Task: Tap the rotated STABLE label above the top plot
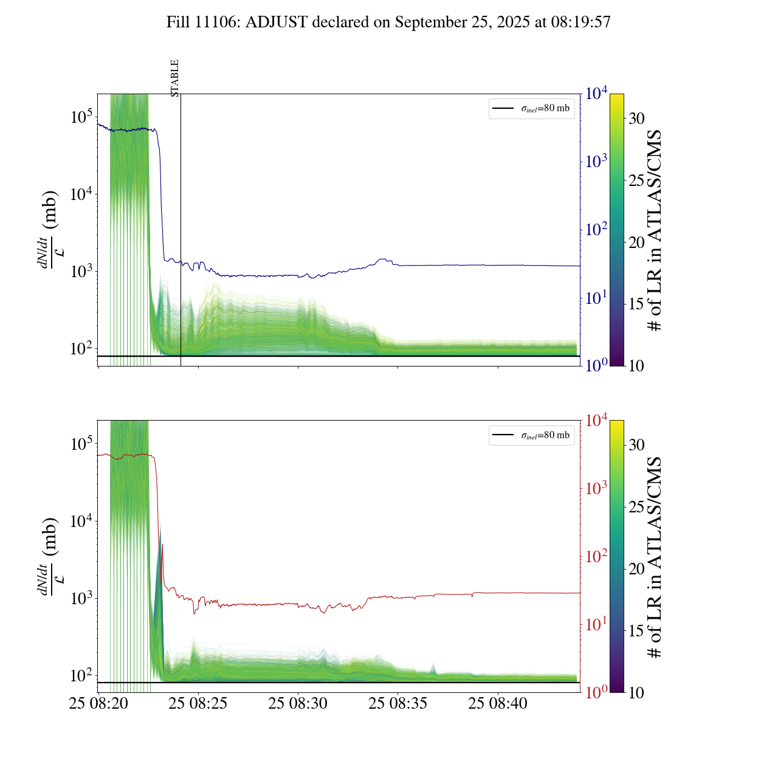coord(175,78)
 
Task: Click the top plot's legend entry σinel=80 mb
coord(532,108)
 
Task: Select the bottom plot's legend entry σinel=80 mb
coord(532,435)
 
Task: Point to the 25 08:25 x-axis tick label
coord(198,704)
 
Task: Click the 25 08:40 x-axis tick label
coord(498,704)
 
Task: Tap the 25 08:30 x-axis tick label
coord(298,704)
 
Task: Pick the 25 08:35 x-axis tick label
coord(398,704)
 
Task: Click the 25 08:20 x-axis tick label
coord(98,704)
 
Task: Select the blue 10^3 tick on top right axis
coord(596,162)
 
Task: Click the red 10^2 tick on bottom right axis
coord(596,556)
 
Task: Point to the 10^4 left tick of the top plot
coord(81,194)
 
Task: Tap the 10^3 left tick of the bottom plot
coord(81,599)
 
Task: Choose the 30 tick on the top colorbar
coord(636,119)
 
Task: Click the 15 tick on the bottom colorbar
coord(636,631)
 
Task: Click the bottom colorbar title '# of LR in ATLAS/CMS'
coord(654,557)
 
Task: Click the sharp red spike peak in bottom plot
coord(162,545)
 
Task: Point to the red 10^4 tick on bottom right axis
coord(596,420)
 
